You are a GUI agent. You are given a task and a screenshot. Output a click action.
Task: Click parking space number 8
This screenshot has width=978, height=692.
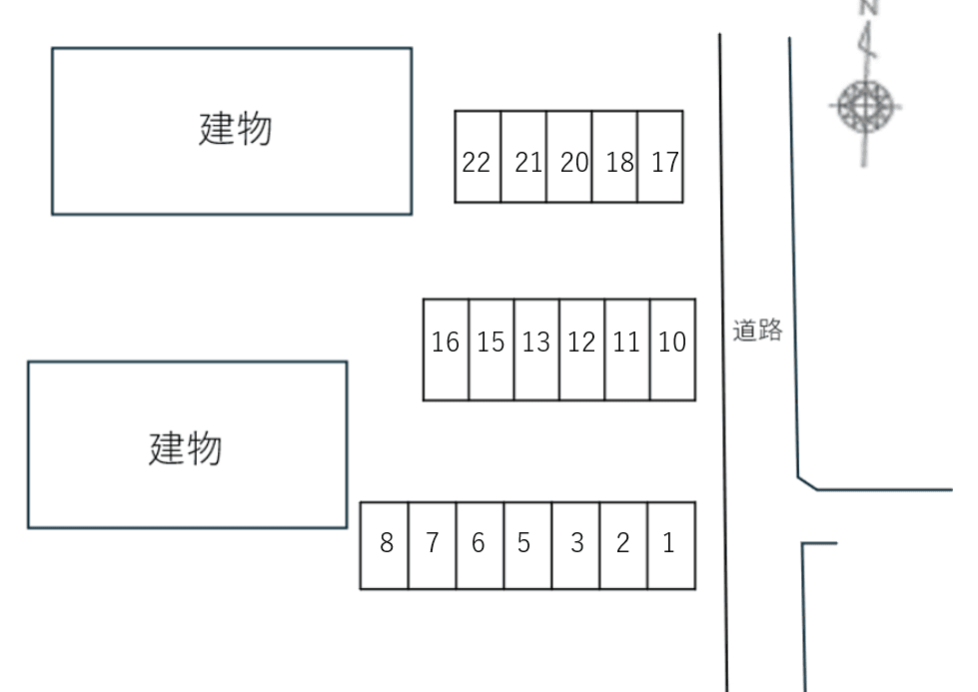[x=385, y=545]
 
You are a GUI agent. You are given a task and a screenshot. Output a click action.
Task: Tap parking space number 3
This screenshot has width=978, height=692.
[x=576, y=545]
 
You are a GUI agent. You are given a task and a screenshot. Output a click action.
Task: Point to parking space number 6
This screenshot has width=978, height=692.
[x=480, y=545]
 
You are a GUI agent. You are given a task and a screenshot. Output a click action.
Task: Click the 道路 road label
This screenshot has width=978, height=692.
[x=757, y=331]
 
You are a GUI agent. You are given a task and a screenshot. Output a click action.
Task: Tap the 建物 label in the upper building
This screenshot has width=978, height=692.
[x=236, y=130]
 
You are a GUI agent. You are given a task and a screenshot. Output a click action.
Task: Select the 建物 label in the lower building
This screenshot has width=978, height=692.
[x=186, y=448]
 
